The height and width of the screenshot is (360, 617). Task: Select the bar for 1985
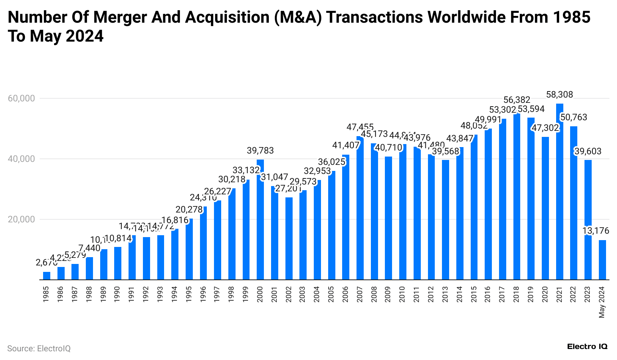[47, 276]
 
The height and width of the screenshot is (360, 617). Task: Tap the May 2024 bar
[602, 260]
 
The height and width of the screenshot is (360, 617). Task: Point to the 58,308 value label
[560, 95]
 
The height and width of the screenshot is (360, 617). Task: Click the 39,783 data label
[260, 151]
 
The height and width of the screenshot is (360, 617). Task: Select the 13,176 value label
[596, 231]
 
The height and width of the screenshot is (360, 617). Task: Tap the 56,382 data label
[516, 100]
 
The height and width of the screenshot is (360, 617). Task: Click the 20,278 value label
[189, 209]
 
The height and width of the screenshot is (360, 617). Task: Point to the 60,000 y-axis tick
[21, 98]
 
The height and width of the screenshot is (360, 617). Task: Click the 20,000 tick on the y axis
[21, 219]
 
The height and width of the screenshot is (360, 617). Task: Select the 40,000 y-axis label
[21, 159]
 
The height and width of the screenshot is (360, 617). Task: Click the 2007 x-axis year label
[360, 294]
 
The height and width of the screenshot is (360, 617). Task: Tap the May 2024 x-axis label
[602, 302]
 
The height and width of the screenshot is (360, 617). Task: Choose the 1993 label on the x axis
[160, 294]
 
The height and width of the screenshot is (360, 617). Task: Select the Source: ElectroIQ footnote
[39, 348]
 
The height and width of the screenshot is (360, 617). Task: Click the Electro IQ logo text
[587, 346]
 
